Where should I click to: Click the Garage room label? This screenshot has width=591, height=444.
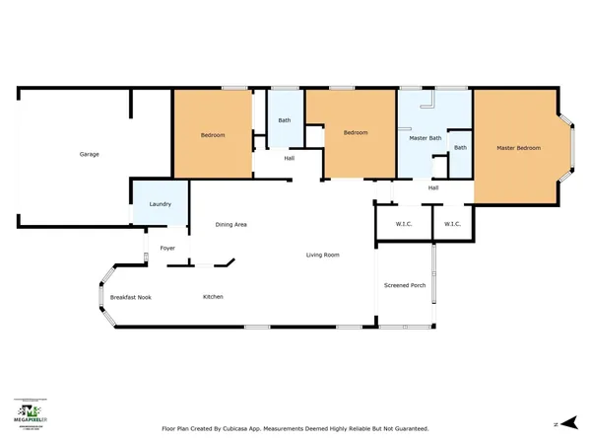pos(89,154)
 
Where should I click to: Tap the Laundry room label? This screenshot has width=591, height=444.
pos(161,204)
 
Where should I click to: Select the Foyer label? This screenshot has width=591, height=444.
pos(167,248)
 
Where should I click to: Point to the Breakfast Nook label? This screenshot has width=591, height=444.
pos(130,297)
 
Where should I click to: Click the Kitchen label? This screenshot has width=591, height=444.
pos(214,297)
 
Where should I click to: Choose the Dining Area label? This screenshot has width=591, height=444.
pos(230,225)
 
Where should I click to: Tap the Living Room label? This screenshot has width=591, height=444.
pos(322,255)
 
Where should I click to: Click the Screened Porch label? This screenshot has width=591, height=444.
pos(405,285)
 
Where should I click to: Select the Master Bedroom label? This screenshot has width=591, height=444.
pos(518,148)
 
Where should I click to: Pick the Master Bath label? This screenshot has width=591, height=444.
pos(424,138)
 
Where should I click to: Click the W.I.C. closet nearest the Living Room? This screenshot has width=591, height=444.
pos(404,224)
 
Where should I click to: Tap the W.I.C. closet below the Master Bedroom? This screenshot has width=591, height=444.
pos(452,224)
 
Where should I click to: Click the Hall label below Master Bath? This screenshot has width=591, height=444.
pos(433,187)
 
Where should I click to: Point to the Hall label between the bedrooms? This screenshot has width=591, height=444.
pos(290,158)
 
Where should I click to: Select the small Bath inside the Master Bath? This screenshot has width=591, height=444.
pos(460,148)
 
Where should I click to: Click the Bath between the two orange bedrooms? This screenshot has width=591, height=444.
pos(284,120)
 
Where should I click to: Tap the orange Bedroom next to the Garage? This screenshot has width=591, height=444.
pos(213,135)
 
